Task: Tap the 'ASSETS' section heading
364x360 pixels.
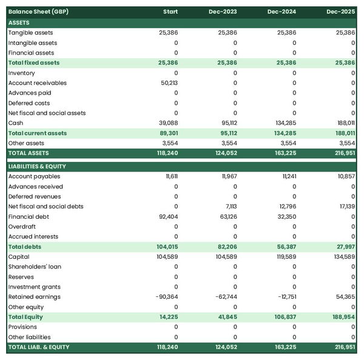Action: pos(19,22)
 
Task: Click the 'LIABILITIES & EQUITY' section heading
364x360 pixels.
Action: pos(37,166)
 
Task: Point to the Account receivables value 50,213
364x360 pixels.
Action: pos(166,83)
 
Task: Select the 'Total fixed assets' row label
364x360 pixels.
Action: pos(34,62)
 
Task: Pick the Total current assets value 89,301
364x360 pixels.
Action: pos(166,133)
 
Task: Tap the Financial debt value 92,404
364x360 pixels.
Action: pos(166,216)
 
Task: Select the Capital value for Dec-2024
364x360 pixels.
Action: pos(284,257)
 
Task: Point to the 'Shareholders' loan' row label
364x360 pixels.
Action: pos(35,267)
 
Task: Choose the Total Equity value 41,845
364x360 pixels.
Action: pos(225,317)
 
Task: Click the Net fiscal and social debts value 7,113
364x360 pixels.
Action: pos(228,207)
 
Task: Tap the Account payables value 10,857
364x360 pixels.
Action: pos(344,176)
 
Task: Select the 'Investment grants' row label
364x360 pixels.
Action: pos(34,287)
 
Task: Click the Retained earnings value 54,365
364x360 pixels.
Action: pos(343,297)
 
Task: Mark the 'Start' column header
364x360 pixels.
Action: pos(170,12)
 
